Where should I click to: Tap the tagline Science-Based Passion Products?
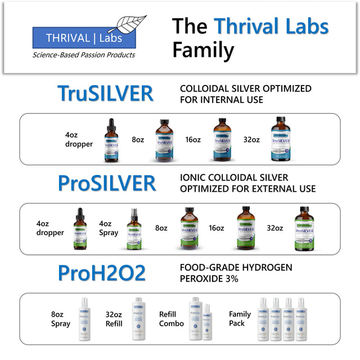tap(84, 55)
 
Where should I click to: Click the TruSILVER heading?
tap(105, 93)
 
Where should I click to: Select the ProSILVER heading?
tap(107, 183)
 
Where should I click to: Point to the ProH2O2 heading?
tap(102, 273)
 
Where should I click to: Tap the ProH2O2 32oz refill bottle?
tap(138, 319)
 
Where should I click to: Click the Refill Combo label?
tap(171, 319)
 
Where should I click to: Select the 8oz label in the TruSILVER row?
tap(138, 140)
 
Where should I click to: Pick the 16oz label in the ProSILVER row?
tap(217, 228)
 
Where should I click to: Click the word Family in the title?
tap(203, 49)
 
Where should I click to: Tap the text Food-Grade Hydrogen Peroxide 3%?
tap(236, 273)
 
